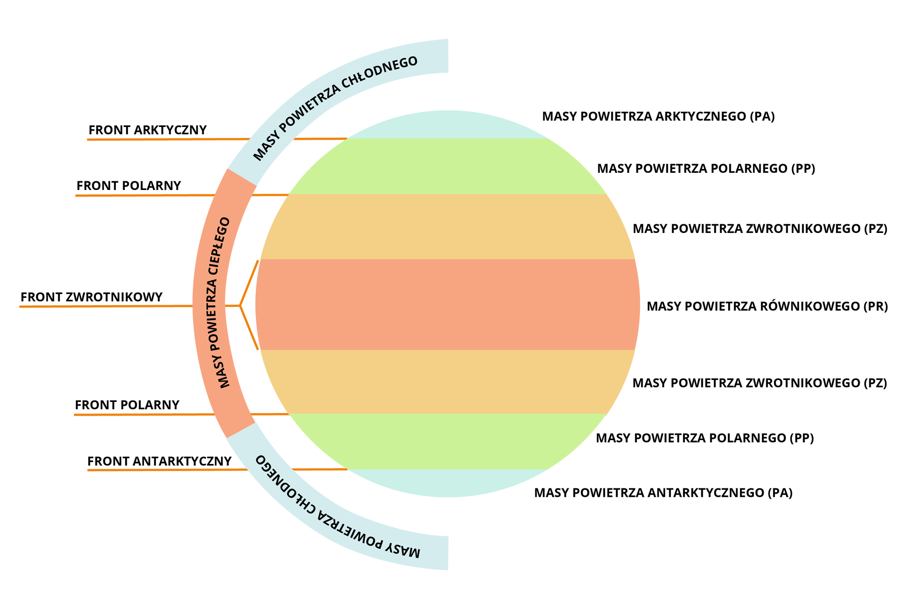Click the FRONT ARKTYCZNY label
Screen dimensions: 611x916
(147, 130)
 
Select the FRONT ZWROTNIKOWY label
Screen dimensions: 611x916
(92, 297)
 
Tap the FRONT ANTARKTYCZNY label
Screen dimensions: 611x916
(159, 462)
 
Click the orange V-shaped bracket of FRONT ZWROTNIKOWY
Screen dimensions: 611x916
(246, 305)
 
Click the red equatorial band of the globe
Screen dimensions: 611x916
(448, 305)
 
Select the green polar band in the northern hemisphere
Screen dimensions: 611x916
(448, 166)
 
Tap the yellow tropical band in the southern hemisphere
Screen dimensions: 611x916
(448, 382)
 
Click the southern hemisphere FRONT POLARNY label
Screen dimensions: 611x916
(127, 405)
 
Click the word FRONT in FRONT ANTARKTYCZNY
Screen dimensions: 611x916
(108, 462)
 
